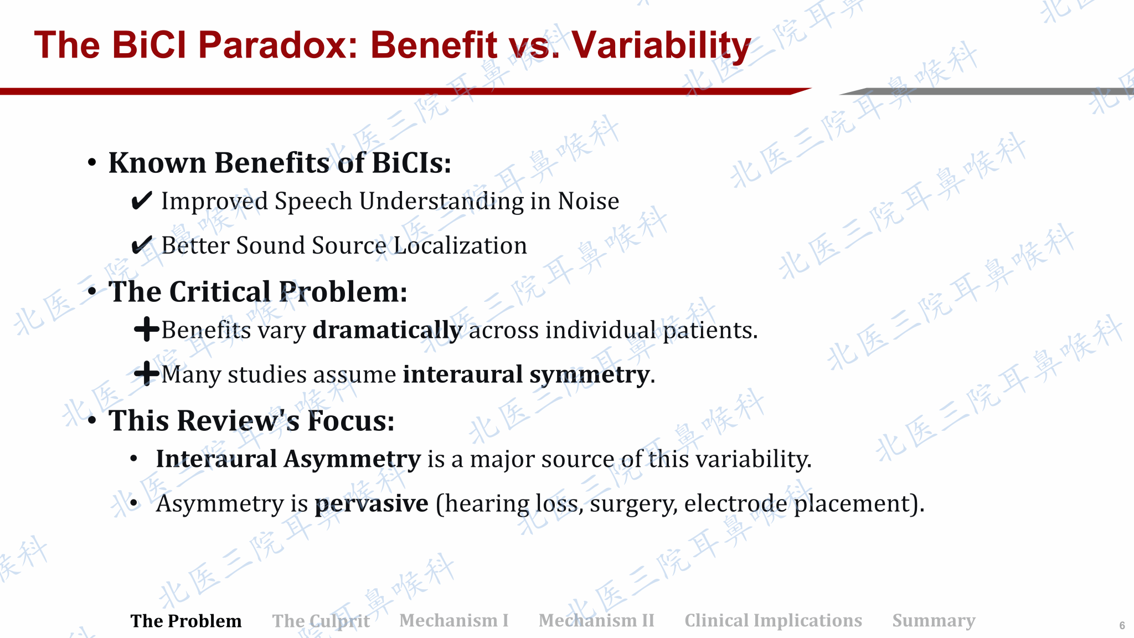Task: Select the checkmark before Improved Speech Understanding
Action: (142, 200)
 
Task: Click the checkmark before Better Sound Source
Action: (142, 245)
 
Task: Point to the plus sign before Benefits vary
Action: (147, 330)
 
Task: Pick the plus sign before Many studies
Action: (147, 373)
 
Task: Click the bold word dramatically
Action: (388, 331)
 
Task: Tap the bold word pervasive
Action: (372, 504)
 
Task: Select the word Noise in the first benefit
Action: (589, 201)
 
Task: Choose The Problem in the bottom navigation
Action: (186, 621)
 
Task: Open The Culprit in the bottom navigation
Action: (321, 621)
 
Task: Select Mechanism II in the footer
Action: (596, 620)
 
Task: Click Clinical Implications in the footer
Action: (774, 621)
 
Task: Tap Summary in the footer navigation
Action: (934, 621)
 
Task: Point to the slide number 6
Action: (1122, 626)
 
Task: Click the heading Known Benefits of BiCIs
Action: (280, 163)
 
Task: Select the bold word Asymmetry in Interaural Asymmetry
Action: (353, 460)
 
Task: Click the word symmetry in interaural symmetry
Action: (589, 375)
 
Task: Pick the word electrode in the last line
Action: (735, 503)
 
